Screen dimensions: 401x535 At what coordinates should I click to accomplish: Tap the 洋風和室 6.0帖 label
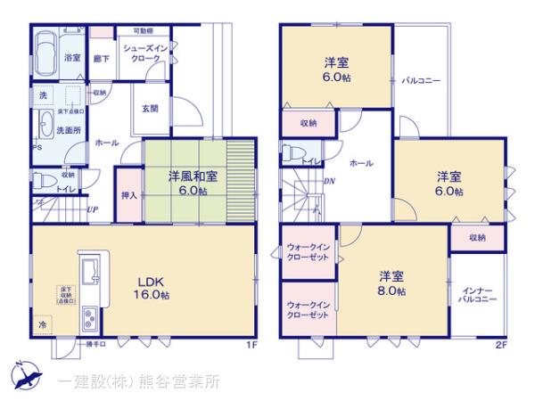click(x=188, y=183)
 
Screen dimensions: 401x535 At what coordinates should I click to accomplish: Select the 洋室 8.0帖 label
click(x=391, y=282)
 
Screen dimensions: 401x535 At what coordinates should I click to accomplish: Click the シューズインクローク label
click(x=146, y=54)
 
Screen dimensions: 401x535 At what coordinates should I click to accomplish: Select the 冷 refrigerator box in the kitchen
click(x=42, y=325)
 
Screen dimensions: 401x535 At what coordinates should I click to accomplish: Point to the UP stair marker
click(x=94, y=210)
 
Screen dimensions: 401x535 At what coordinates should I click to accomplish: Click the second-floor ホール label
click(x=361, y=163)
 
